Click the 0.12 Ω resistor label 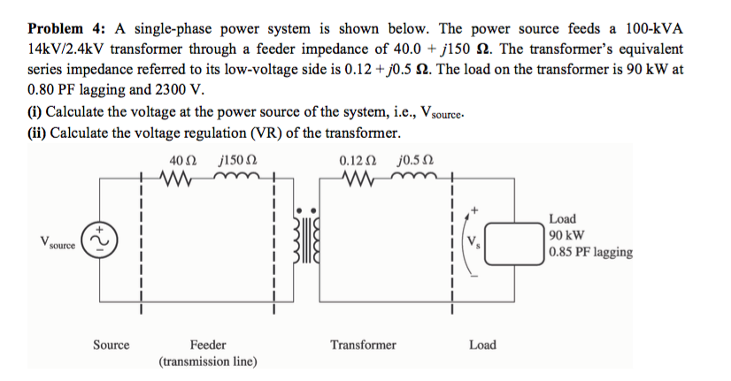357,161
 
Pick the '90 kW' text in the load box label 566,235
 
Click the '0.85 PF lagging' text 589,252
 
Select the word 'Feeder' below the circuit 208,345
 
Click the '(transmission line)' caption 208,361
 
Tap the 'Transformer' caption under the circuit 363,345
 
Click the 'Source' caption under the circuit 112,345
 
